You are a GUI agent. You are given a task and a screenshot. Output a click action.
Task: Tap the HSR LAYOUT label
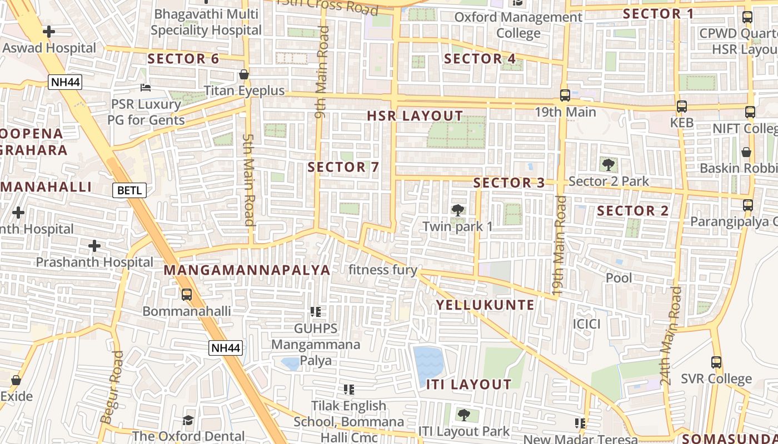point(415,116)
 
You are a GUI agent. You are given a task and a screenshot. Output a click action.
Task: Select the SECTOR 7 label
point(343,167)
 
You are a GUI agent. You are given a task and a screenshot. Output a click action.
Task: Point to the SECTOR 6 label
point(183,59)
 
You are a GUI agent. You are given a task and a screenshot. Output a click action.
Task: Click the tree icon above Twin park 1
point(457,210)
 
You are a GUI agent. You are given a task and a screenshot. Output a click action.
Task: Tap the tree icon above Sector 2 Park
point(609,164)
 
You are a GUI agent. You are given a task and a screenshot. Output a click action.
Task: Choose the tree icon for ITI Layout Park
point(463,415)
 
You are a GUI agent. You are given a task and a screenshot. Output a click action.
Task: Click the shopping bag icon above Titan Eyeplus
point(243,74)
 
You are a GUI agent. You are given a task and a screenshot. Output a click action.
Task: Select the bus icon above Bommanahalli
point(187,295)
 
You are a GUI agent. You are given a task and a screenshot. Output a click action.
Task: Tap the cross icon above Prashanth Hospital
point(94,245)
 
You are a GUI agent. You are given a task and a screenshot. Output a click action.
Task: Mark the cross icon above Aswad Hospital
point(49,32)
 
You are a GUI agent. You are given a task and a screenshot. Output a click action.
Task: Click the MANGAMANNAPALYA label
point(247,270)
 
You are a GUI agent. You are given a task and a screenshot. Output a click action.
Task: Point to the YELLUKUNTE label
point(485,305)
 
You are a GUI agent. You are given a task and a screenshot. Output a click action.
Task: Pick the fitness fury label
point(383,270)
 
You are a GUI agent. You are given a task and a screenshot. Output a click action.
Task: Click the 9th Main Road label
point(321,72)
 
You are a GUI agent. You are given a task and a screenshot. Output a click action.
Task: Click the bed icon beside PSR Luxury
point(145,88)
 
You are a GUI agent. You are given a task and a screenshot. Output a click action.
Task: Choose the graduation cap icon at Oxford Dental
point(188,420)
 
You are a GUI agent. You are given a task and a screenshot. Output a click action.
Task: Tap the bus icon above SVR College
point(716,362)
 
